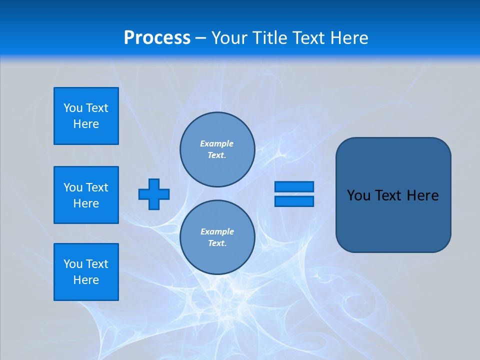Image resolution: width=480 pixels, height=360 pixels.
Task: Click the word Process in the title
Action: pos(157,38)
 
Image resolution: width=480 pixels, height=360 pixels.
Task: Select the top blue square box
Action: pos(86,116)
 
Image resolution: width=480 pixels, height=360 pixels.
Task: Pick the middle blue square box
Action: pos(86,195)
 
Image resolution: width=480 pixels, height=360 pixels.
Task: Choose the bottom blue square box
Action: pos(86,272)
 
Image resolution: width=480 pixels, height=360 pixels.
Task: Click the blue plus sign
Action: pos(154,194)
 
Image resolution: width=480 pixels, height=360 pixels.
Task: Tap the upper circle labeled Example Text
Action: pos(217,149)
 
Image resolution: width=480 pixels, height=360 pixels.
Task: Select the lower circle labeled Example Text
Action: pos(217,237)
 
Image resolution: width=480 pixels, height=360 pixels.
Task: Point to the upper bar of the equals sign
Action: pos(294,186)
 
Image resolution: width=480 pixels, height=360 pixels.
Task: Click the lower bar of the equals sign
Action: pos(294,201)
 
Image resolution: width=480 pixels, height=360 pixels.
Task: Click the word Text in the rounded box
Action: pos(388,195)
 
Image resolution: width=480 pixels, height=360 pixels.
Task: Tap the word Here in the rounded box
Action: pos(422,195)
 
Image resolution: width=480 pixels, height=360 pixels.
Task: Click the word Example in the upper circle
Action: pos(217,143)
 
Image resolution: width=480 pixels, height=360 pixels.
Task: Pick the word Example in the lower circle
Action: pos(217,231)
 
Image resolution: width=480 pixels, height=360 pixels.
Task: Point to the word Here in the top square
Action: pos(86,124)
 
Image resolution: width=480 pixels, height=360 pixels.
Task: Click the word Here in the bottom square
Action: pos(86,280)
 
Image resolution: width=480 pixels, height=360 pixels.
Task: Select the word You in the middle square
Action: pos(73,187)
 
